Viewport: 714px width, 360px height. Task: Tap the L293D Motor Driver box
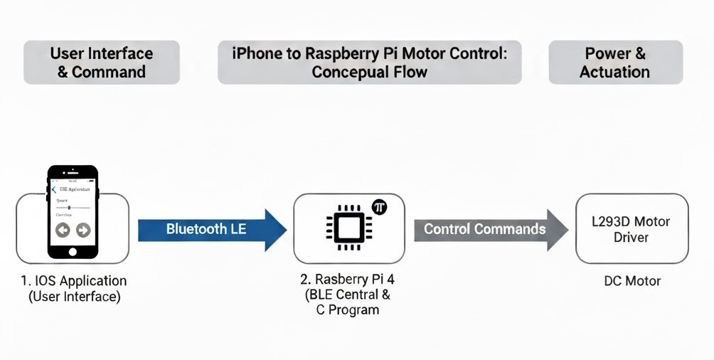(632, 229)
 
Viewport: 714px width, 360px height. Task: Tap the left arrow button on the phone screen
(63, 230)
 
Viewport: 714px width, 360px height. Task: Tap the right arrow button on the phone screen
(83, 230)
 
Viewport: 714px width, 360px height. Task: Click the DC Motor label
(632, 281)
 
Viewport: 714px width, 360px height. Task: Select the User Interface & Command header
(101, 63)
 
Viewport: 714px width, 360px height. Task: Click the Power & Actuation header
(615, 63)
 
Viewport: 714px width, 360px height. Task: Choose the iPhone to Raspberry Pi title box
(369, 63)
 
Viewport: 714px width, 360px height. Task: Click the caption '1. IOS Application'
(74, 281)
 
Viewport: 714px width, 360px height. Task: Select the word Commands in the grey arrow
(511, 229)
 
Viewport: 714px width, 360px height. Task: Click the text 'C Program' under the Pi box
(348, 309)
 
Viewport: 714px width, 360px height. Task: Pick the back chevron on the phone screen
(54, 190)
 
